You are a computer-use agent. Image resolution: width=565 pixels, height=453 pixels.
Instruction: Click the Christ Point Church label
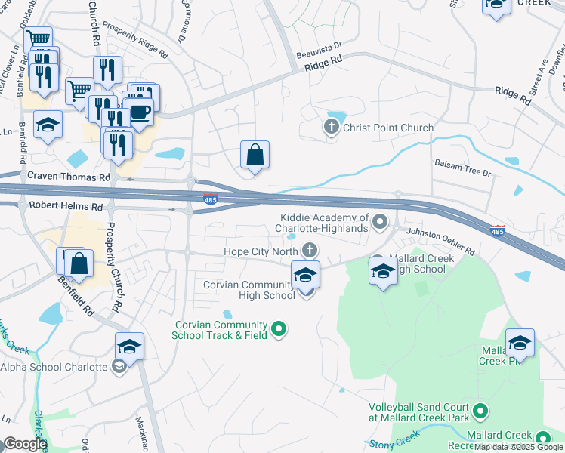click(x=388, y=128)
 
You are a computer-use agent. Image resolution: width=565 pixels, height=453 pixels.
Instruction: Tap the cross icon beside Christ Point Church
click(x=331, y=128)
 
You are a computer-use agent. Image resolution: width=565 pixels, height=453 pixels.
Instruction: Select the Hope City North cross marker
click(x=309, y=251)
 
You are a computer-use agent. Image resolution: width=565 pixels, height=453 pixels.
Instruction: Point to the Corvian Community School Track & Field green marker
click(x=279, y=328)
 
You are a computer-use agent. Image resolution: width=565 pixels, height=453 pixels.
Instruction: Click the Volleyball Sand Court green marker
click(x=480, y=411)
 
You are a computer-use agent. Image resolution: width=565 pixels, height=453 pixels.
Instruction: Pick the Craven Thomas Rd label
click(x=69, y=176)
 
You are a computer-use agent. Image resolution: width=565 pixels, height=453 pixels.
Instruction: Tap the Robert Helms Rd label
click(x=66, y=205)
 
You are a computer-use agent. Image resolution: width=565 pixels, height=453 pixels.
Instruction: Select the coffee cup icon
click(x=141, y=112)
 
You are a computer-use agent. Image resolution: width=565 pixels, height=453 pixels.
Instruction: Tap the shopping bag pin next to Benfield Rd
click(x=79, y=264)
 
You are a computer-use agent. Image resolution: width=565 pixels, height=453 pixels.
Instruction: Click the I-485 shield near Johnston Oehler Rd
click(x=496, y=229)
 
